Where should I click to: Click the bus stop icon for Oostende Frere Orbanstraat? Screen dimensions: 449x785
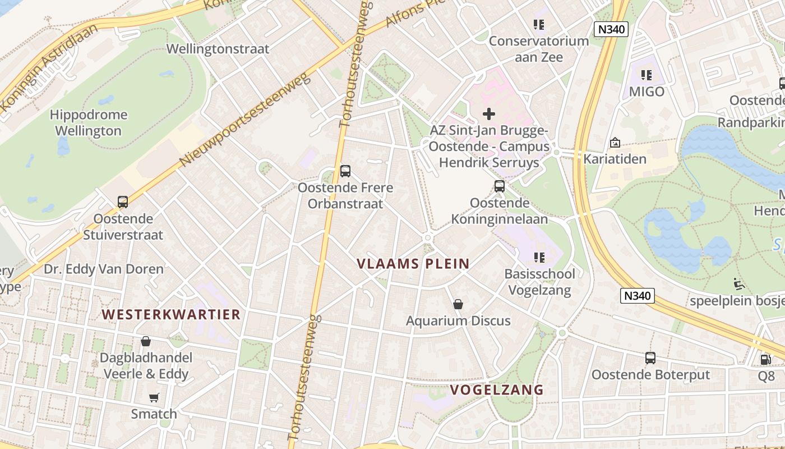tap(345, 171)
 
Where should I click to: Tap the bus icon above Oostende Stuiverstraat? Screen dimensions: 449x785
tap(122, 202)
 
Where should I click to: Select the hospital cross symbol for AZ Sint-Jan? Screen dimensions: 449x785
tap(489, 114)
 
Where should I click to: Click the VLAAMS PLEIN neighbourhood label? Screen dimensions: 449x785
tap(413, 264)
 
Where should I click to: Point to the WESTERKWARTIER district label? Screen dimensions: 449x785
tap(172, 314)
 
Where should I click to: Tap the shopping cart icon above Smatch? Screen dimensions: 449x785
tap(154, 398)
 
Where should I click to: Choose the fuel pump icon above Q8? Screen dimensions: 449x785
tap(765, 360)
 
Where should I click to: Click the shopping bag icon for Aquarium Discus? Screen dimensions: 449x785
tap(458, 304)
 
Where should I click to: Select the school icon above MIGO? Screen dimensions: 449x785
tap(647, 75)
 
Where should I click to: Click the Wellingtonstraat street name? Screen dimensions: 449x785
tap(218, 49)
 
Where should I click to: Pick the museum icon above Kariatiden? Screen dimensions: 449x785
tap(615, 143)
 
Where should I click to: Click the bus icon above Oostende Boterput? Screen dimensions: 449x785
tap(650, 358)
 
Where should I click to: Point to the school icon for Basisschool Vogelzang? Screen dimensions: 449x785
tap(539, 258)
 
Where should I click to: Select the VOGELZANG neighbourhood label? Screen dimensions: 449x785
tap(497, 390)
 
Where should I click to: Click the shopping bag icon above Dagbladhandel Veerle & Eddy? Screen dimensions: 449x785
tap(146, 341)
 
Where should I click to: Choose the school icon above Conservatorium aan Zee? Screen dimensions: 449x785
tap(539, 24)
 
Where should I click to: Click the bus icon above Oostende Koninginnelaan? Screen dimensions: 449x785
tap(500, 186)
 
